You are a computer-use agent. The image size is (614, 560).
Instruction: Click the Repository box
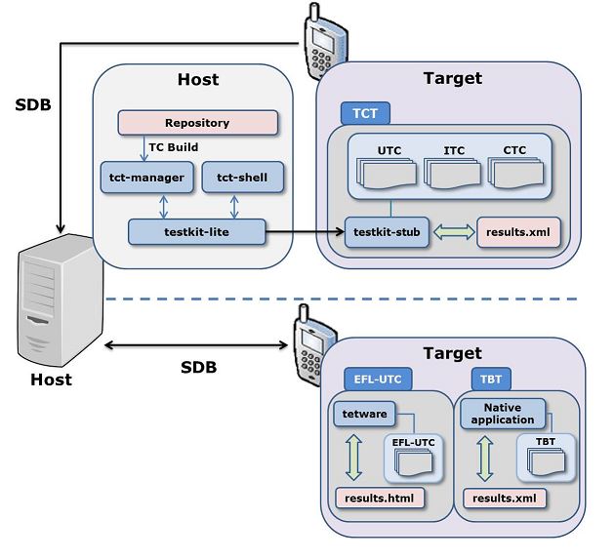point(197,123)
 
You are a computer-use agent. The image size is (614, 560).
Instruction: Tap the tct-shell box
point(242,178)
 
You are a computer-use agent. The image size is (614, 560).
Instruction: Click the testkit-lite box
point(197,232)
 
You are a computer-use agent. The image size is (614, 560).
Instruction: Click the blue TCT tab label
point(365,112)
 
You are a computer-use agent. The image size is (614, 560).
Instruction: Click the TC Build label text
point(174,147)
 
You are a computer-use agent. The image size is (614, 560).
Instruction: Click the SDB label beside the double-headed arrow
point(198,367)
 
